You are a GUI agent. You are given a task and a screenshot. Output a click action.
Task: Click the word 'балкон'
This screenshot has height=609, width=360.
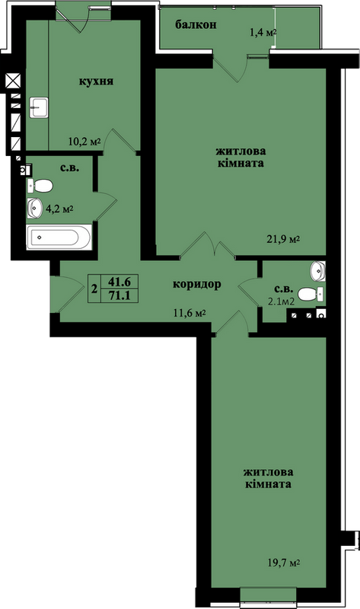tap(196, 25)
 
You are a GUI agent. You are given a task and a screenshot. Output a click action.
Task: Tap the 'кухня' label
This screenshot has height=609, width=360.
tap(96, 81)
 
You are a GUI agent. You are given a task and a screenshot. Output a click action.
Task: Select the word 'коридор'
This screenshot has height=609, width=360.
tap(197, 284)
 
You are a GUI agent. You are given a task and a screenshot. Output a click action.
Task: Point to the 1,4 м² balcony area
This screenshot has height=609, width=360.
tap(263, 32)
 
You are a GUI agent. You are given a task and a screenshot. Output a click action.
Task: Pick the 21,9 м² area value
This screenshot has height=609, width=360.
tap(283, 239)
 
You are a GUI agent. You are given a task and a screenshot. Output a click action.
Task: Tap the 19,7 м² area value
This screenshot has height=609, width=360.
tap(285, 563)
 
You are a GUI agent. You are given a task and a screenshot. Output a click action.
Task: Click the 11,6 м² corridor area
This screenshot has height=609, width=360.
tap(189, 312)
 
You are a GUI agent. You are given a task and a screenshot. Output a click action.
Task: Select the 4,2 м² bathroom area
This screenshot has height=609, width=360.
tap(60, 209)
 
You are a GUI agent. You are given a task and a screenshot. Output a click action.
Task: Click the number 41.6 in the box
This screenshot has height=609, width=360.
tap(119, 281)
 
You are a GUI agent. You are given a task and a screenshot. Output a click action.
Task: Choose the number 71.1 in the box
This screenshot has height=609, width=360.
tap(119, 296)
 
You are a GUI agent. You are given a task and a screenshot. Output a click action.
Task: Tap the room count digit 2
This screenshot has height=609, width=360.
tap(94, 289)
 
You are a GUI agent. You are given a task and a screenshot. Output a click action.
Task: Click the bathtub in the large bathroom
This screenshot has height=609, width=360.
tap(59, 237)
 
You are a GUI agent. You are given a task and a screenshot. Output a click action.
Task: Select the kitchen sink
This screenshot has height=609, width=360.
tap(39, 107)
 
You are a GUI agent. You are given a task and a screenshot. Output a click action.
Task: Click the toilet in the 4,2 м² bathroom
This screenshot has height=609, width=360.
tap(40, 186)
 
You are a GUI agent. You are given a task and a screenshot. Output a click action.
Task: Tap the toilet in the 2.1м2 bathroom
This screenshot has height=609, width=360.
tap(311, 294)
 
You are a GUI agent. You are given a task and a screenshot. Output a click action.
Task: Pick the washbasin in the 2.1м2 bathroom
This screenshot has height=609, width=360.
tap(317, 271)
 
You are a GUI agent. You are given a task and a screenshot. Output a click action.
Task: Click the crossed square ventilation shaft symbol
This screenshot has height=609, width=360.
tap(13, 82)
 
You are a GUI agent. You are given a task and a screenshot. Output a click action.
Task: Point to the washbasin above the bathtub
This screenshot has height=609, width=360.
tap(34, 208)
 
